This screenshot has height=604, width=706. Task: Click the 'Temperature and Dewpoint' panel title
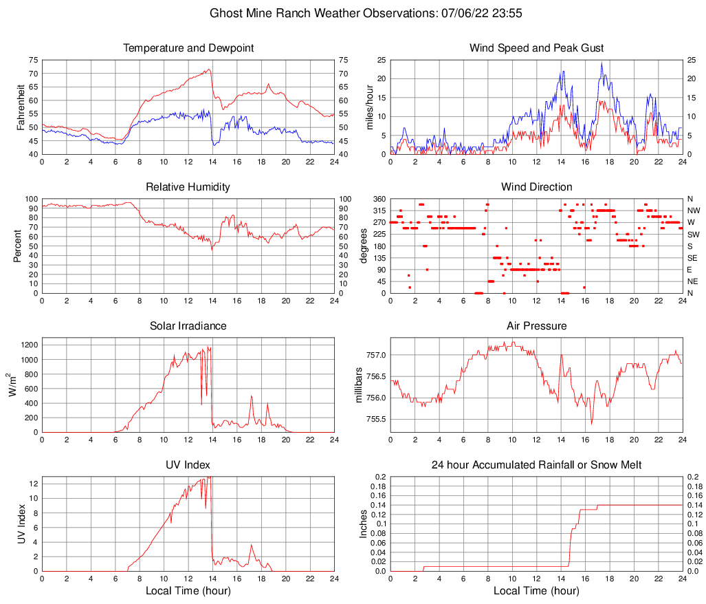click(x=188, y=48)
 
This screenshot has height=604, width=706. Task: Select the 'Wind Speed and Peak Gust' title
click(x=536, y=48)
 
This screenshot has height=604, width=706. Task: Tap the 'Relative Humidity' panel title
click(x=188, y=187)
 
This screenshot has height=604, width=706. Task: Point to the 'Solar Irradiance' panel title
click(x=188, y=326)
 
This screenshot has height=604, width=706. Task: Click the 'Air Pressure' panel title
click(x=536, y=326)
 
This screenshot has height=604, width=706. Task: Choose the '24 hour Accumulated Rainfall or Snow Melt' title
click(x=536, y=465)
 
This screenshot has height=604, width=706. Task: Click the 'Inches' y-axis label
click(x=364, y=524)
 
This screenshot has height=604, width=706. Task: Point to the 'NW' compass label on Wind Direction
click(x=693, y=211)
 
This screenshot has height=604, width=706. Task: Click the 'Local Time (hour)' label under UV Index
click(x=188, y=591)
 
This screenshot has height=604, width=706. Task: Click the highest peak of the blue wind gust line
click(x=602, y=63)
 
